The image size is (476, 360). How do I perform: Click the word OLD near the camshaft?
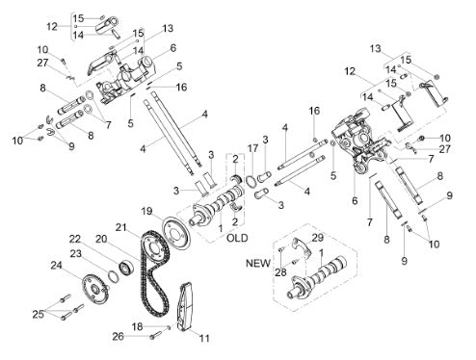click(x=237, y=238)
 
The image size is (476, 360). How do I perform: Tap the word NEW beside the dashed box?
click(x=258, y=263)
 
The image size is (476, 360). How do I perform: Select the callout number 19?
click(x=146, y=212)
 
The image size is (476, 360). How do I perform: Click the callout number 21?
click(x=121, y=227)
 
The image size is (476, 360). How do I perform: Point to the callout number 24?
click(x=57, y=266)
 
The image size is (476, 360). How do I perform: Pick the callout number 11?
click(x=204, y=338)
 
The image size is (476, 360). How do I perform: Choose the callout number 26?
click(x=118, y=337)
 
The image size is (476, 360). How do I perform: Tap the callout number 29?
click(x=318, y=238)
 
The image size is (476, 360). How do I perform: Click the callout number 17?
click(x=253, y=148)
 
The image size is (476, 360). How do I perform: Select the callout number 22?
click(x=75, y=239)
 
